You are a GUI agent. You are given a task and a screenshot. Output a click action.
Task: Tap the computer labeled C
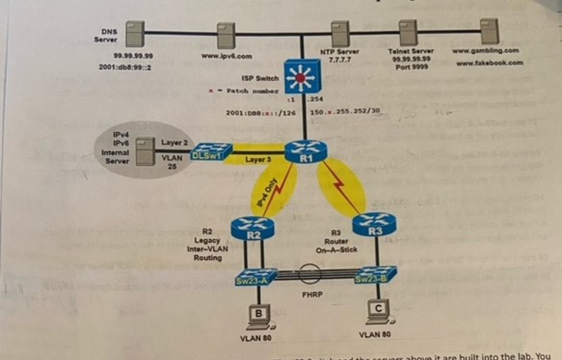coord(377,311)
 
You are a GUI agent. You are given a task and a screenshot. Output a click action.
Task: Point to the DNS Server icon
coord(136,35)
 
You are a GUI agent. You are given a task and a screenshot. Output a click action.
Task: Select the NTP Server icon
coord(339,33)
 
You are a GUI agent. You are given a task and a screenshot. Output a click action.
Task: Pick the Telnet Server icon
coord(409,33)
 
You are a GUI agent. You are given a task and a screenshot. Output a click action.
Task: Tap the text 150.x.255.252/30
coord(345,113)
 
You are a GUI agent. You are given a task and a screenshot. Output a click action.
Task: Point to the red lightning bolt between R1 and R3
coord(341,185)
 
